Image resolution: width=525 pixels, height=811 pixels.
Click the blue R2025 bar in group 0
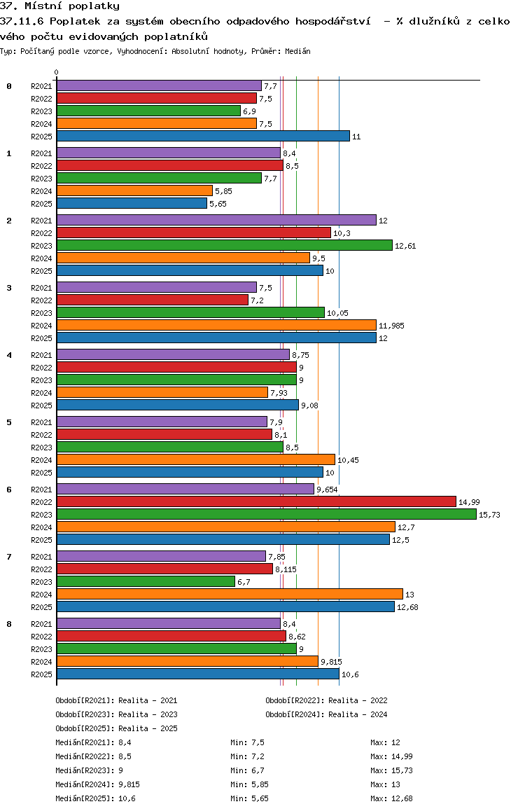[203, 136]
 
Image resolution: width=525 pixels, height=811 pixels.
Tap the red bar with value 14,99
[256, 501]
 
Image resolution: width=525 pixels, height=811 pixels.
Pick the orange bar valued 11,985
[216, 325]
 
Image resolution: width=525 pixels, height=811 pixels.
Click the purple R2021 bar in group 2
[216, 220]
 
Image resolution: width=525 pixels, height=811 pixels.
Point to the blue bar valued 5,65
[132, 203]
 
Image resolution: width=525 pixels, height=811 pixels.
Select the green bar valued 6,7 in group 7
[146, 581]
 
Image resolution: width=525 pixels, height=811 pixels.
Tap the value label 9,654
[328, 490]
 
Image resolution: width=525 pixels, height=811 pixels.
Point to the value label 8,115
[286, 569]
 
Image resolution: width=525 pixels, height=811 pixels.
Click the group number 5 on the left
[9, 422]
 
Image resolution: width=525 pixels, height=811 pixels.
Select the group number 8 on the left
[9, 624]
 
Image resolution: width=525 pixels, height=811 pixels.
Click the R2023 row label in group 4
[42, 380]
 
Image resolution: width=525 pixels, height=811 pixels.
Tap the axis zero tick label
[57, 72]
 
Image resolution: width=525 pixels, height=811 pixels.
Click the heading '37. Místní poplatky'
[59, 6]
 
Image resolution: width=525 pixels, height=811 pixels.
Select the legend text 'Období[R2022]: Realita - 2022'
[326, 700]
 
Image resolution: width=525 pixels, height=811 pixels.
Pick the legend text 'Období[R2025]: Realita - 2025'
[116, 728]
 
